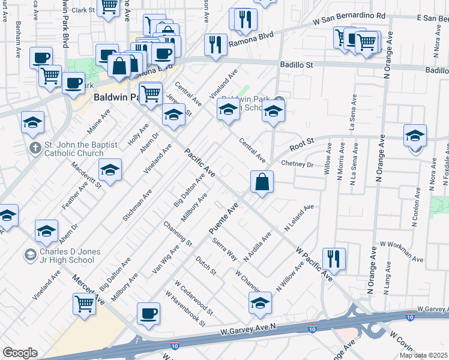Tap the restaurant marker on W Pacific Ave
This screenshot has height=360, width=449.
[333, 259]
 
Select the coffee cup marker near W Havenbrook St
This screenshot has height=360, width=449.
[148, 313]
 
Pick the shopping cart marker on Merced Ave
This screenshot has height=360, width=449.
[84, 304]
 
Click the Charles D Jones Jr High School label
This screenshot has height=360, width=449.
[67, 256]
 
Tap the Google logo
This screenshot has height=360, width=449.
[20, 353]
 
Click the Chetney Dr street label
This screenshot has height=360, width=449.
[298, 164]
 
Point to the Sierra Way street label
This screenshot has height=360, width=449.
[225, 249]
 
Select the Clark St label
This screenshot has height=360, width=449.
[83, 10]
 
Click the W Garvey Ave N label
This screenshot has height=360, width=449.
[247, 329]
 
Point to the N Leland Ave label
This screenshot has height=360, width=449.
[299, 220]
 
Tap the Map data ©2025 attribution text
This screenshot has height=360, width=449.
[423, 355]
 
